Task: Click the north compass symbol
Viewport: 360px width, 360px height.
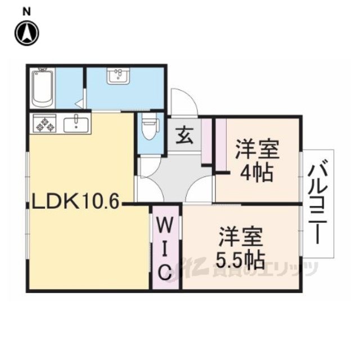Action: (x=27, y=33)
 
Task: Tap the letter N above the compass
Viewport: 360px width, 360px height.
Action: (x=27, y=12)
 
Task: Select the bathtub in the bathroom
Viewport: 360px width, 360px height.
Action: (x=43, y=88)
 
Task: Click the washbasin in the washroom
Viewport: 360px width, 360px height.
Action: (x=118, y=76)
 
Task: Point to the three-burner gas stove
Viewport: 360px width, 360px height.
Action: (x=44, y=123)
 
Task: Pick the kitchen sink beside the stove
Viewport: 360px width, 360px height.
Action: (x=76, y=125)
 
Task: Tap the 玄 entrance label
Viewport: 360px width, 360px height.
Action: (x=184, y=136)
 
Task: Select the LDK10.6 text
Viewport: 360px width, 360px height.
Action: (x=75, y=201)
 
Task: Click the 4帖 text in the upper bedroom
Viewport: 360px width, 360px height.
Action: (x=256, y=173)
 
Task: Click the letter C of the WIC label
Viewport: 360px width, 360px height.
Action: (x=165, y=272)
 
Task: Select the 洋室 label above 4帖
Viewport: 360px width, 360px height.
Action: (x=257, y=150)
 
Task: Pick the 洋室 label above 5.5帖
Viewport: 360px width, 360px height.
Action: (x=241, y=236)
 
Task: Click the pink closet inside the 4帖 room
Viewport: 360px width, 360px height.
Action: (x=221, y=145)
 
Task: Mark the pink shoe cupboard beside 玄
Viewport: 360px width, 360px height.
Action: (x=206, y=141)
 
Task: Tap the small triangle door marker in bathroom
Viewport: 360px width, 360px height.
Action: (x=79, y=104)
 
